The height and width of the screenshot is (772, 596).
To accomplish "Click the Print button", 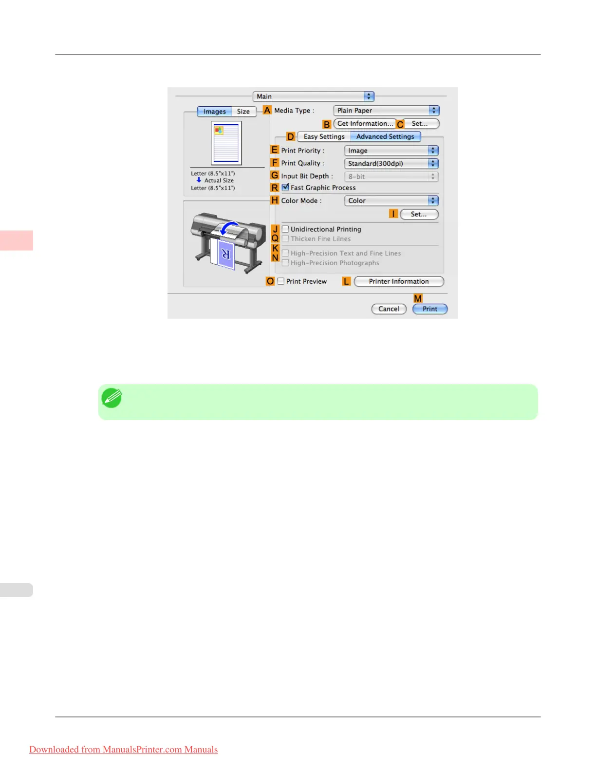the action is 429,309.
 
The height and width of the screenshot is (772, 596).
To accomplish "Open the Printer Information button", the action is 399,281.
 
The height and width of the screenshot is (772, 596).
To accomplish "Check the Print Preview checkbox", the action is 281,281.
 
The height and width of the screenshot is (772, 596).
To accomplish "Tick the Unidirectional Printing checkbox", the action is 286,229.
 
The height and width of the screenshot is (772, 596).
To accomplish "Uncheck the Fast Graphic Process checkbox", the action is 286,187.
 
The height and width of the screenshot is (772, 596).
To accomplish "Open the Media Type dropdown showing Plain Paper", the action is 386,111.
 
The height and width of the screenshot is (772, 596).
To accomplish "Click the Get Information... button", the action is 365,124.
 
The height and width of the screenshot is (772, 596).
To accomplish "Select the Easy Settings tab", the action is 324,136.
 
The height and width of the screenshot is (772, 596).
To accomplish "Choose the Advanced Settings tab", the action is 385,136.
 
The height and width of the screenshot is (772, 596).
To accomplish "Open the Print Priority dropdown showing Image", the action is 391,151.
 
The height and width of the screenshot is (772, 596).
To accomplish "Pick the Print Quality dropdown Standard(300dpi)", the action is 391,164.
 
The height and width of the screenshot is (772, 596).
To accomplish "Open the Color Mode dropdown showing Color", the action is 391,201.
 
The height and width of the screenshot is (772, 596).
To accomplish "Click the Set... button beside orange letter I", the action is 419,214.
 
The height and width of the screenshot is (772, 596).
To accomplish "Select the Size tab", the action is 243,112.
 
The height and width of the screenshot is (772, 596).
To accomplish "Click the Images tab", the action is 214,112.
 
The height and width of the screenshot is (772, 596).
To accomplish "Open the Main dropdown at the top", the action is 313,96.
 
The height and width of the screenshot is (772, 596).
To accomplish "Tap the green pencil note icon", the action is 112,398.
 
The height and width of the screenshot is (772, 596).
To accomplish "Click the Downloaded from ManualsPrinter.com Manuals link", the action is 124,750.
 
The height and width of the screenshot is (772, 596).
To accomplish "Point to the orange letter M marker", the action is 418,298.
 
